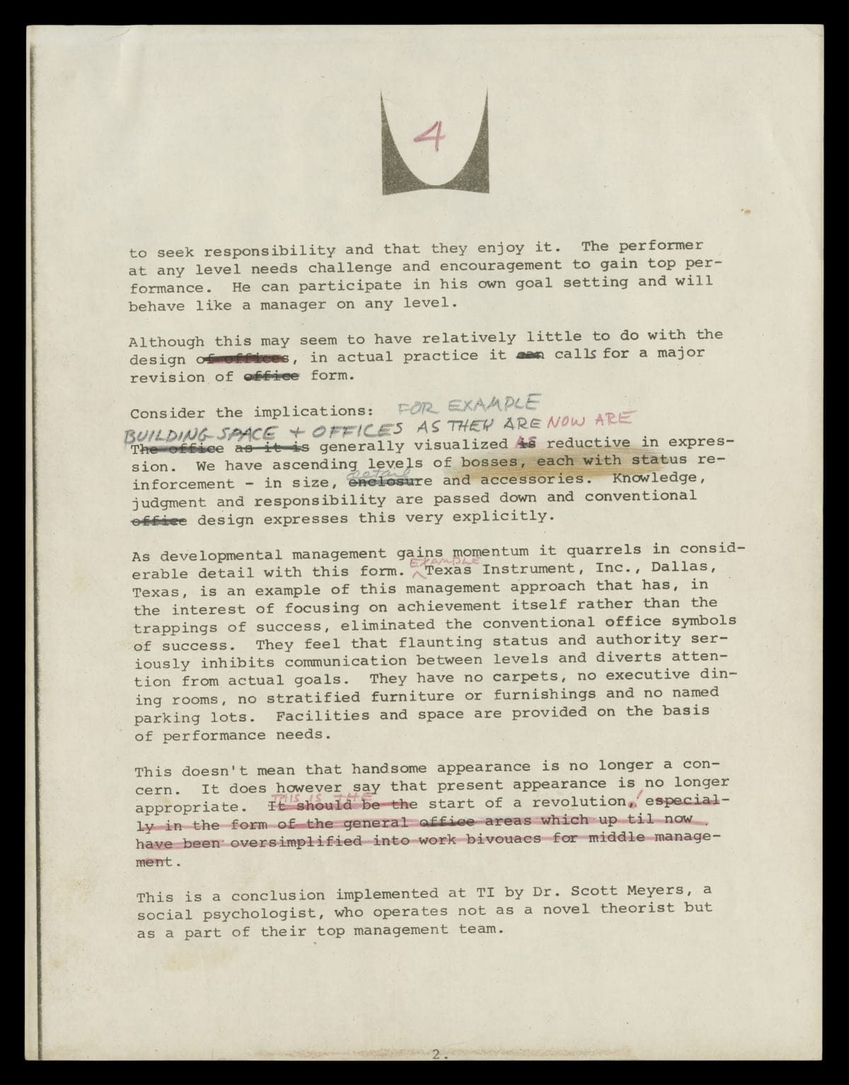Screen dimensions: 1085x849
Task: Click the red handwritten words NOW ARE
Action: tap(589, 420)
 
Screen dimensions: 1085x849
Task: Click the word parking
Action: tap(167, 717)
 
